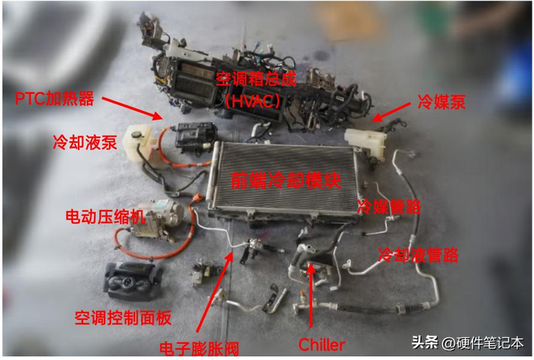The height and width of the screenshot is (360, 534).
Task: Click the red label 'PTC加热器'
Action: pyautogui.click(x=54, y=98)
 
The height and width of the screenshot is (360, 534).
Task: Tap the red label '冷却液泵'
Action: pyautogui.click(x=85, y=142)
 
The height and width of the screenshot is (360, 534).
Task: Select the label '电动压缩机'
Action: pyautogui.click(x=105, y=217)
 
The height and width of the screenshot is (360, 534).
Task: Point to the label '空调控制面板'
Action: pyautogui.click(x=123, y=318)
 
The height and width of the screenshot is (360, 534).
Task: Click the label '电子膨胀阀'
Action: pyautogui.click(x=200, y=348)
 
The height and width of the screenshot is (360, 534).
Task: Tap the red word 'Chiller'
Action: pyautogui.click(x=321, y=345)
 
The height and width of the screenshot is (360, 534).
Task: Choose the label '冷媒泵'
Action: pyautogui.click(x=442, y=101)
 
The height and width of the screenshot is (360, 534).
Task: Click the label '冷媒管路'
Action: pyautogui.click(x=389, y=207)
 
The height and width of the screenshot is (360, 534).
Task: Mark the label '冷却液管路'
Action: pyautogui.click(x=419, y=255)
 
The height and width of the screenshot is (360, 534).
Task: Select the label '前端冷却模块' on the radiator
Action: pyautogui.click(x=286, y=180)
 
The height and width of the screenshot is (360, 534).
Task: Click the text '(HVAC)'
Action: pyautogui.click(x=254, y=101)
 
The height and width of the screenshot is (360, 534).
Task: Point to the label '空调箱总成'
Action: pyautogui.click(x=256, y=79)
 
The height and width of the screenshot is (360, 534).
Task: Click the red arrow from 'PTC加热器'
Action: pyautogui.click(x=133, y=108)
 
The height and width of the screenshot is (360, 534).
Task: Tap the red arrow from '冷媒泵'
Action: pyautogui.click(x=391, y=112)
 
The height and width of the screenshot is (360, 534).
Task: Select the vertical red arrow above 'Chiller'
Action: pyautogui.click(x=310, y=295)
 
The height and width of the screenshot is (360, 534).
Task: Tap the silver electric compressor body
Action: pyautogui.click(x=156, y=219)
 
